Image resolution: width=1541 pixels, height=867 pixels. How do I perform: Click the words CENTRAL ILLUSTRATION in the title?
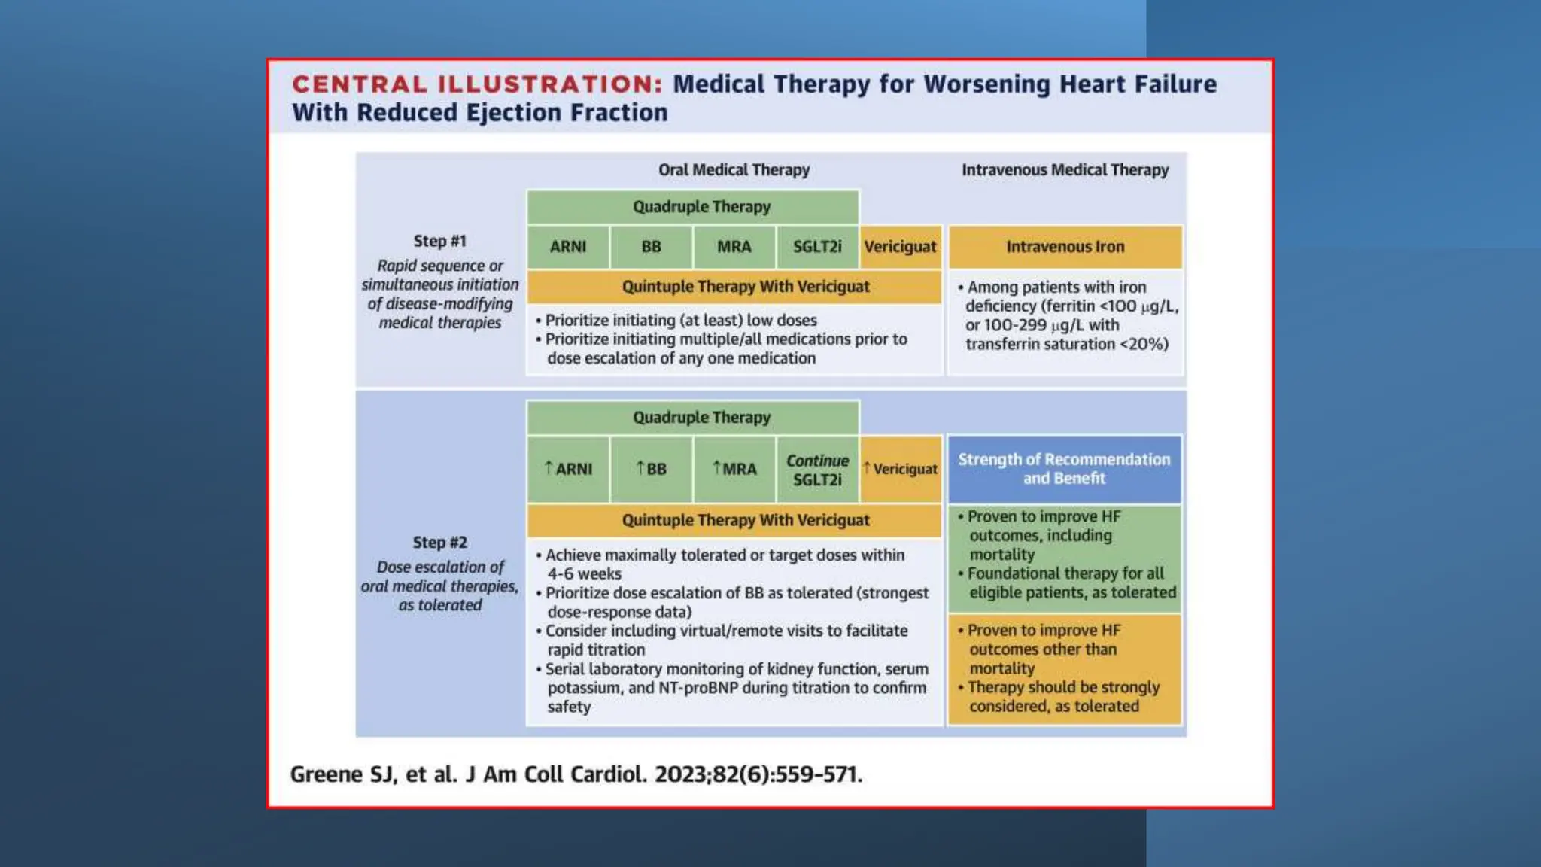[x=477, y=84]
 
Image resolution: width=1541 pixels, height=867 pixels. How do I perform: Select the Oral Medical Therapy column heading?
[x=734, y=170]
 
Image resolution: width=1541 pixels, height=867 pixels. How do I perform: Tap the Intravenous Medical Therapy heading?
[x=1065, y=170]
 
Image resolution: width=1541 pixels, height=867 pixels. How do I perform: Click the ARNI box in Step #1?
[x=568, y=247]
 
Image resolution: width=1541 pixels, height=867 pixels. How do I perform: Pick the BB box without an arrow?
[x=651, y=247]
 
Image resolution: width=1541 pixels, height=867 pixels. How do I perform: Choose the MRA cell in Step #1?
[x=734, y=247]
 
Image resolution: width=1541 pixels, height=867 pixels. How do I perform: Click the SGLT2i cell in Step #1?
[x=817, y=247]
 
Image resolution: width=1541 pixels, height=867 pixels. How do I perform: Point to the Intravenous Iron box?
[x=1065, y=247]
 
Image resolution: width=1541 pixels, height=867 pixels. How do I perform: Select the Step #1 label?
[x=440, y=241]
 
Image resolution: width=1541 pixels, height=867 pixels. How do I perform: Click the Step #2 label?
[x=440, y=543]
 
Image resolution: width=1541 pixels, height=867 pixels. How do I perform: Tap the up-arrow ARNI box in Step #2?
[x=568, y=469]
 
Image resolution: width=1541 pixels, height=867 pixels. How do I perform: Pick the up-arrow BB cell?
[x=651, y=469]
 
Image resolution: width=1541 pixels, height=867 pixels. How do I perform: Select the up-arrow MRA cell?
[x=734, y=469]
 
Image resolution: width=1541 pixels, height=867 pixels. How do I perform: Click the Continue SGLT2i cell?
[x=817, y=470]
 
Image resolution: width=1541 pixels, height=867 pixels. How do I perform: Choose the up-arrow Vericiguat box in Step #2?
[x=901, y=469]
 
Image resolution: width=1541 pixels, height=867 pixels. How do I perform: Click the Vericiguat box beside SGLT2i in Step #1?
[x=901, y=247]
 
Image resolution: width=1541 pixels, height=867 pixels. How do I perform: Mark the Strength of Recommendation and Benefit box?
[x=1064, y=469]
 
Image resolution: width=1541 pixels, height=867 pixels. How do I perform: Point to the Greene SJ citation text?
[x=576, y=774]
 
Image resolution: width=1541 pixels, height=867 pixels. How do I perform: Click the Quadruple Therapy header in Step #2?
[x=701, y=418]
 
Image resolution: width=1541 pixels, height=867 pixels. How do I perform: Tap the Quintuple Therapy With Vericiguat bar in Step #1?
[x=745, y=287]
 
